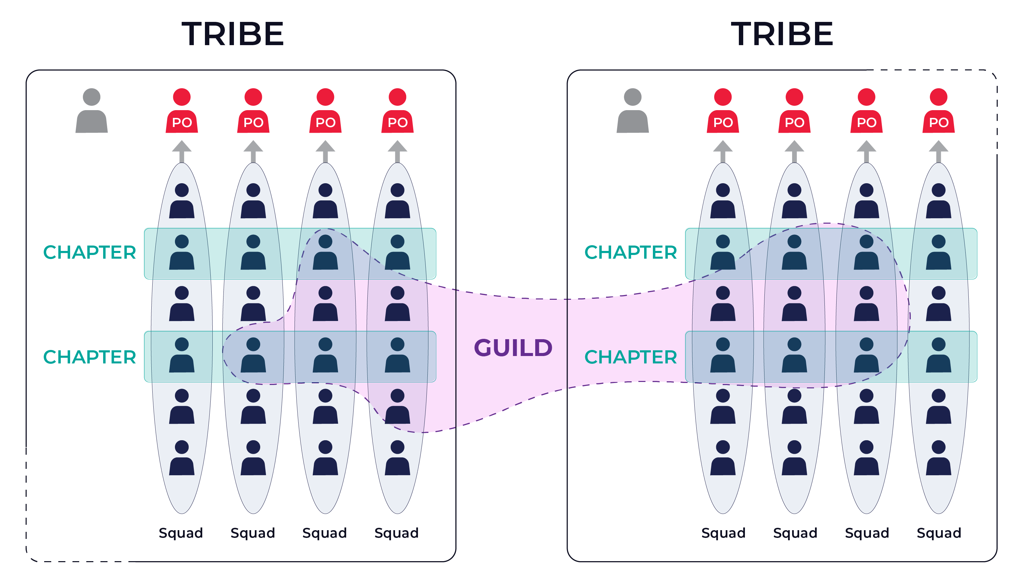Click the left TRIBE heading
click(233, 34)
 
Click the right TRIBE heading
click(782, 34)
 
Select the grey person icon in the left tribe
click(91, 111)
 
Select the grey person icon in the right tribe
click(633, 111)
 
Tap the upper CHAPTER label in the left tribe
click(90, 253)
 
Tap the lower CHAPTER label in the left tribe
click(90, 357)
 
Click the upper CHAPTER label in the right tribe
click(631, 253)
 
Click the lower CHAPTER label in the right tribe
click(631, 357)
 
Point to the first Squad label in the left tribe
click(181, 533)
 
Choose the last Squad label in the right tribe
click(939, 533)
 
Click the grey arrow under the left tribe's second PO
click(253, 151)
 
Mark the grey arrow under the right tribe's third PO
click(867, 151)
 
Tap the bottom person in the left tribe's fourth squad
click(397, 458)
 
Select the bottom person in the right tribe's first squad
click(723, 458)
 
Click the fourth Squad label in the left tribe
click(397, 533)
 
